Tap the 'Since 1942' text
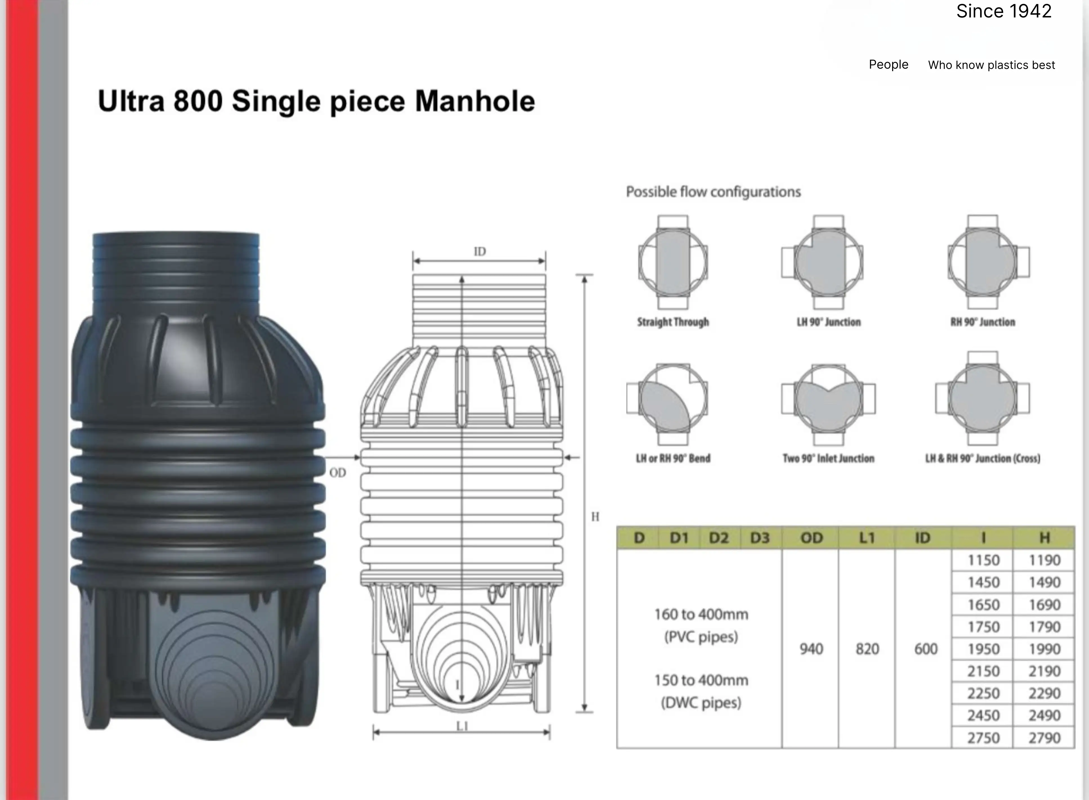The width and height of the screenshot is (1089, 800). (1004, 11)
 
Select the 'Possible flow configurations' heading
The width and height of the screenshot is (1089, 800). (713, 192)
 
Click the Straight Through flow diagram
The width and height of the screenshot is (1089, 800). (673, 262)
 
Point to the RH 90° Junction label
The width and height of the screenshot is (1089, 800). (982, 322)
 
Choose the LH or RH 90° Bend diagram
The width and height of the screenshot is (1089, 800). (667, 404)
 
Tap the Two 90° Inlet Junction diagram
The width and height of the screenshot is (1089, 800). (828, 404)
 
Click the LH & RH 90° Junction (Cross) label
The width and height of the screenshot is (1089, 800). (982, 458)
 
